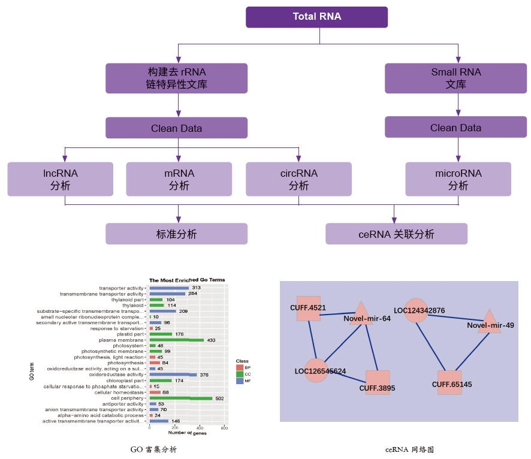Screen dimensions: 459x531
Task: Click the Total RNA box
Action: pos(316,17)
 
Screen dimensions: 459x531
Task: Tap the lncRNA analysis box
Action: pos(60,179)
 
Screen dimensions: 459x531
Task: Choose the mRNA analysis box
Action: pos(179,179)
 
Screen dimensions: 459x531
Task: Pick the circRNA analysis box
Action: pos(298,179)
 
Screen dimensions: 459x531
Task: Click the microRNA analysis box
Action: pos(458,179)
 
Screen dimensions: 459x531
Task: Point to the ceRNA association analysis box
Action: pos(396,234)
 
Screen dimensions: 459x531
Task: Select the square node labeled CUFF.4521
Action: pos(309,308)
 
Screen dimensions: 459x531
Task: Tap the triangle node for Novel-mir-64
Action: pos(361,313)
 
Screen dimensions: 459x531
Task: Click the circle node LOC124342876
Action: pos(416,310)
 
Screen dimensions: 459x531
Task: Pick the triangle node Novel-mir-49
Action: pos(489,321)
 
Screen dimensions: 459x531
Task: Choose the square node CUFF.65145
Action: pos(449,382)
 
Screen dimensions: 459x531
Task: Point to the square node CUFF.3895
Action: pos(378,382)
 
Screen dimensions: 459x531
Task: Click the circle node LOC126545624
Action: pos(316,370)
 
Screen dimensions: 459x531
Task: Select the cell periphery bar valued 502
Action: pos(180,398)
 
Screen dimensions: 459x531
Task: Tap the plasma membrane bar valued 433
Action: pos(176,340)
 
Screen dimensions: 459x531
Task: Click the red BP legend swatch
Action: pos(240,367)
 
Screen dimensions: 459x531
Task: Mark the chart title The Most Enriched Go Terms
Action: pos(187,280)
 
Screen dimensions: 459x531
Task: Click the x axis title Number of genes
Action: pos(187,433)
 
